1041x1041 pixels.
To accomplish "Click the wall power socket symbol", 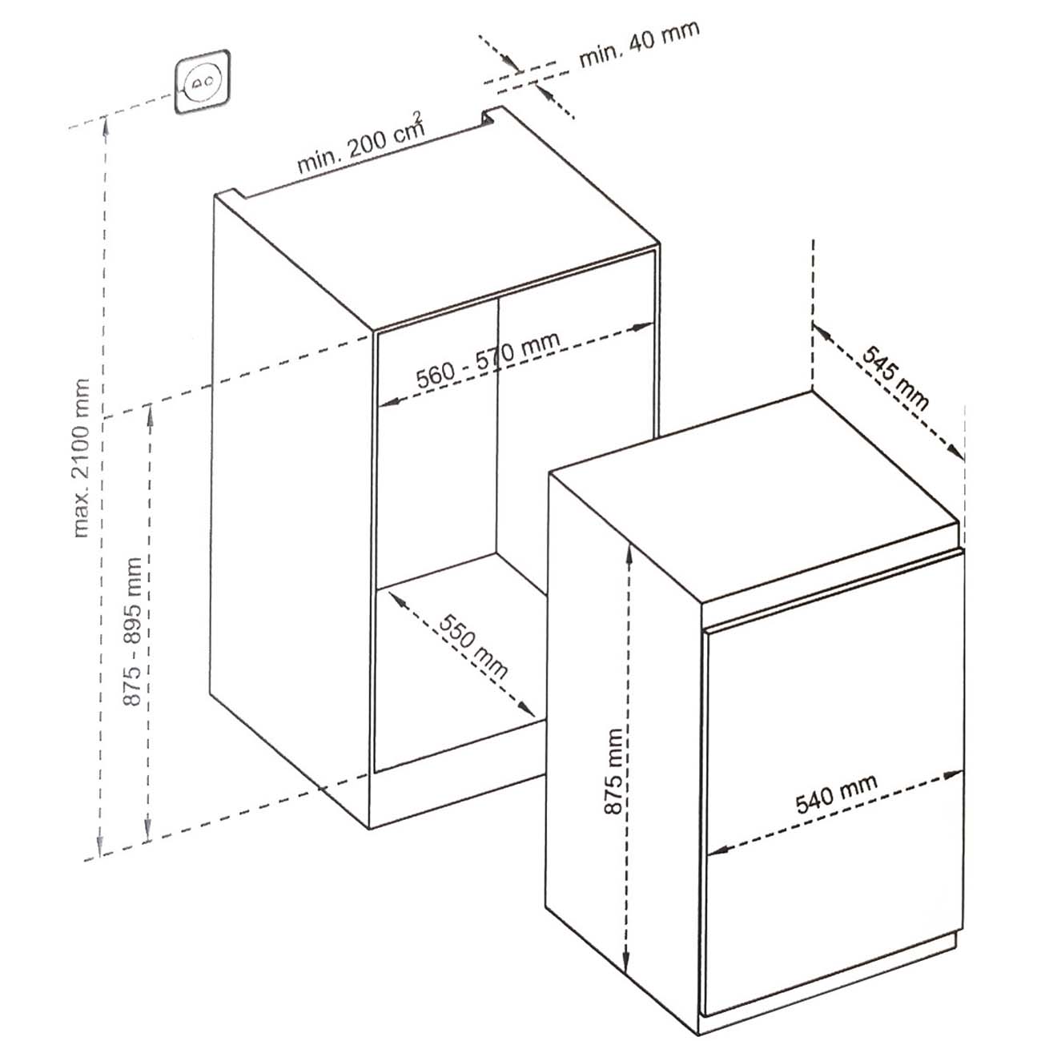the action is click(203, 82).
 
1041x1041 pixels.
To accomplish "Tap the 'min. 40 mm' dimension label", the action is click(639, 44).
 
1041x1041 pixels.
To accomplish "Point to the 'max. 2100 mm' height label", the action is click(81, 457).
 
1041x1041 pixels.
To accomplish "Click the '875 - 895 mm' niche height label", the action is click(132, 632).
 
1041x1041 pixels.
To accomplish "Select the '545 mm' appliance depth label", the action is click(894, 378).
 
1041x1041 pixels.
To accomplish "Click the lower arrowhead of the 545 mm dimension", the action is click(955, 450).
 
